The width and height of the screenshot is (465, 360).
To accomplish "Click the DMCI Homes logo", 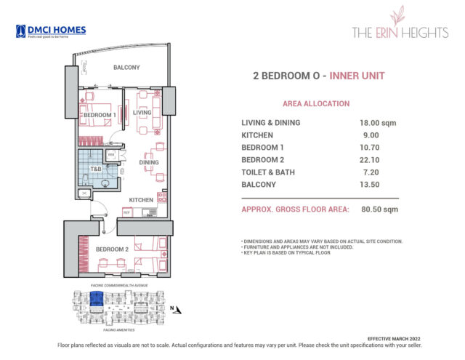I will pos(50,31).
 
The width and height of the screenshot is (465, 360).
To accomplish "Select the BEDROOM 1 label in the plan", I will pos(99,116).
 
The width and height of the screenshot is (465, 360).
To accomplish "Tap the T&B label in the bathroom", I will pos(95,169).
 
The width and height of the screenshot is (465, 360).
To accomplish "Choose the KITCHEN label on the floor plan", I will pos(140,199).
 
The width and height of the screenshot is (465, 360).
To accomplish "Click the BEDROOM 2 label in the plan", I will pos(111,249).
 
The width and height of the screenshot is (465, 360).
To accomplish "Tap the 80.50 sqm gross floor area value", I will pos(380,209).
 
